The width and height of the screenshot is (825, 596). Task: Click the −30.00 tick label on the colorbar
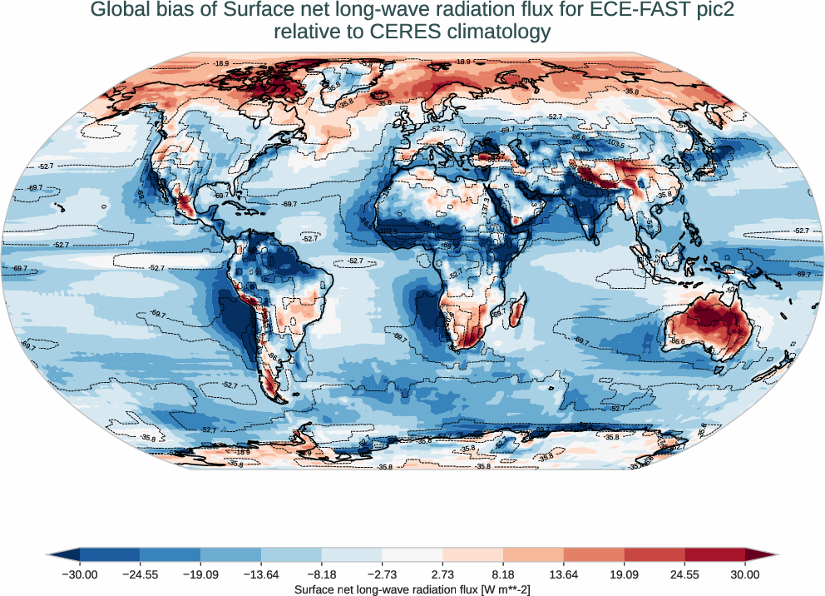[x=80, y=574]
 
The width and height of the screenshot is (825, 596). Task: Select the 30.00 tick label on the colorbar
[x=745, y=574]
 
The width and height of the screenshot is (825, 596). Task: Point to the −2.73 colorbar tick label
[x=383, y=574]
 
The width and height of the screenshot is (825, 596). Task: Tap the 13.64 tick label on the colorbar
[x=564, y=574]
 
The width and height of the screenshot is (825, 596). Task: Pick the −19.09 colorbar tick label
[x=200, y=574]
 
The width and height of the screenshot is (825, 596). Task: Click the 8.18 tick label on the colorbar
[x=503, y=574]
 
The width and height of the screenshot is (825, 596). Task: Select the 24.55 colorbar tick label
[x=684, y=574]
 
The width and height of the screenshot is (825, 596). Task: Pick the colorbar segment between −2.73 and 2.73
[x=412, y=554]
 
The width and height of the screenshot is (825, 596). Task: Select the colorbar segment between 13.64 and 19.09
[x=594, y=554]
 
